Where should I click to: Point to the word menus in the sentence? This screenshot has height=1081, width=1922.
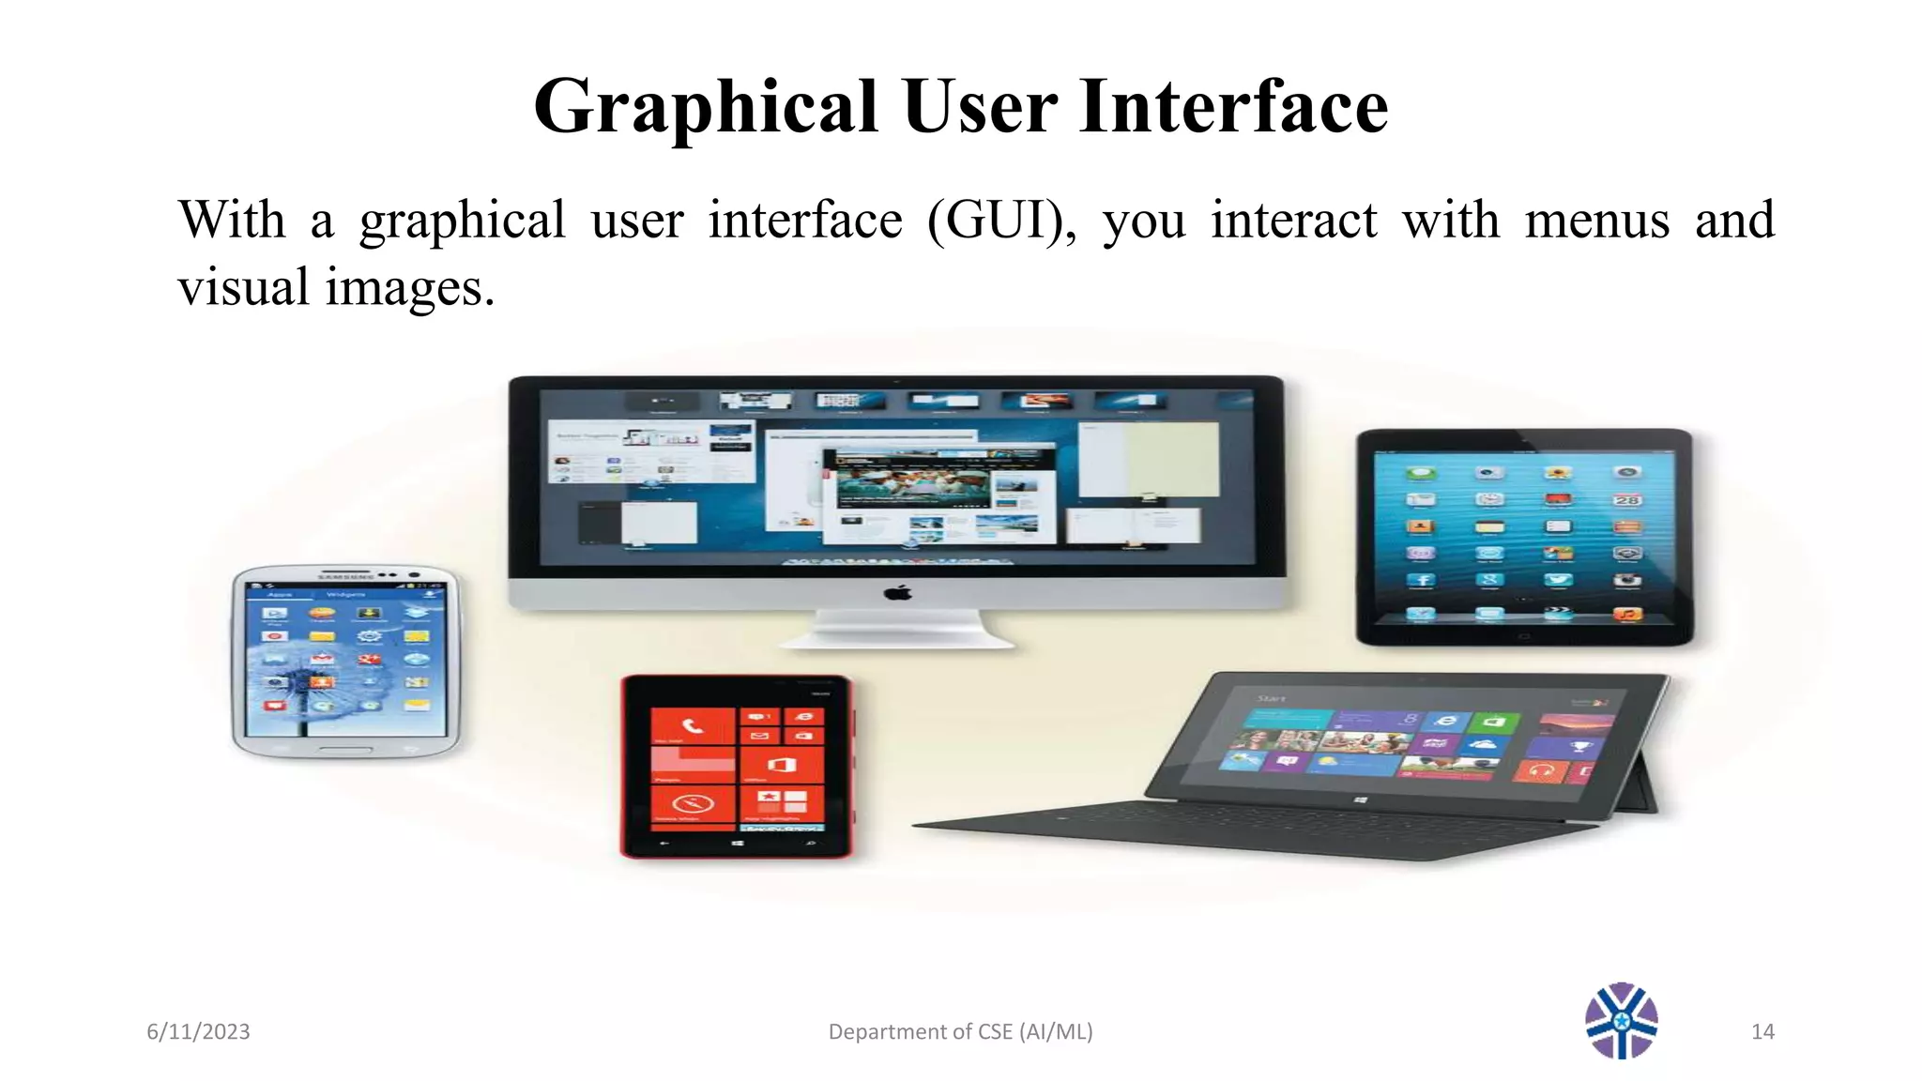pos(1596,221)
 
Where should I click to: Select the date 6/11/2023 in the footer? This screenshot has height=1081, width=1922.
pos(198,1031)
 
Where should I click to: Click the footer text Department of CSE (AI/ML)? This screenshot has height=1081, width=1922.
pos(960,1031)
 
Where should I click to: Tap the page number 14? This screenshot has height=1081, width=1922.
pos(1762,1031)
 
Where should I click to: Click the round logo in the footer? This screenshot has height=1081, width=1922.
pos(1621,1021)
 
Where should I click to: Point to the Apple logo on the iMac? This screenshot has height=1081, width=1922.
pos(898,592)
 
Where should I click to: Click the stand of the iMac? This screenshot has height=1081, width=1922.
pos(897,630)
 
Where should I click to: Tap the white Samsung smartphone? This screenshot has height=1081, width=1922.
pos(346,661)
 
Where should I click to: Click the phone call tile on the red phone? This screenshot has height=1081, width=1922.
pos(693,725)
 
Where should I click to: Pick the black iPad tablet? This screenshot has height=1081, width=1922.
pos(1524,537)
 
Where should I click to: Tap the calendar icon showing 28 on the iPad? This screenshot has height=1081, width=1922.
pos(1626,500)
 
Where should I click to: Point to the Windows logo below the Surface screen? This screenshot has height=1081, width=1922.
pos(1361,799)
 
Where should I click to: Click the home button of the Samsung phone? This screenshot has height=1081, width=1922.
pos(345,750)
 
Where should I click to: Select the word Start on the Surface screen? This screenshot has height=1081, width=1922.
pos(1272,698)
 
